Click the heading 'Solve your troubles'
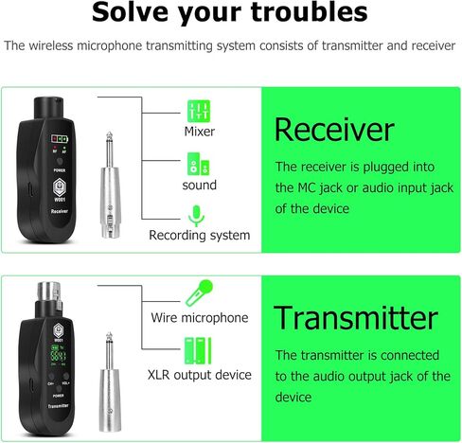(230, 14)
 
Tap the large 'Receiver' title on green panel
(333, 130)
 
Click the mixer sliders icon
(199, 109)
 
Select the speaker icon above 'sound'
(199, 163)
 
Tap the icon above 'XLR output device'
(199, 347)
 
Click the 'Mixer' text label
(199, 132)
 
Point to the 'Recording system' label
(200, 235)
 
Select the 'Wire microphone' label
(200, 318)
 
